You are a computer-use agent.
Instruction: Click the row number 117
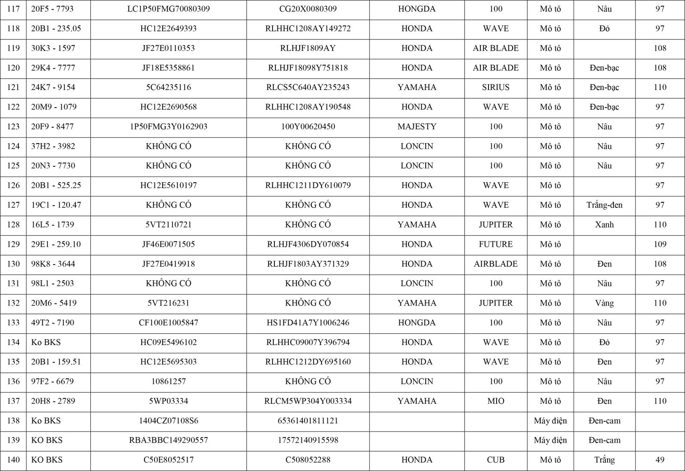pos(13,9)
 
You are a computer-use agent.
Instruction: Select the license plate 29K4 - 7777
pos(54,68)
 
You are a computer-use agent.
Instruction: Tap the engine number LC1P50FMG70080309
pos(168,9)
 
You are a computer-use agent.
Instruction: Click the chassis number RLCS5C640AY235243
pos(308,87)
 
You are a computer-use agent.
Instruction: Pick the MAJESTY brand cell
pos(417,126)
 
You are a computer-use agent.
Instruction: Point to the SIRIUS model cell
pos(495,87)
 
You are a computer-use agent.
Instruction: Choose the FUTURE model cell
pos(495,244)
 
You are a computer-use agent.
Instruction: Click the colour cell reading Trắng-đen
pos(604,205)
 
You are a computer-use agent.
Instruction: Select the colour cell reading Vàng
pos(604,303)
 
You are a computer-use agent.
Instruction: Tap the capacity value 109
pos(660,244)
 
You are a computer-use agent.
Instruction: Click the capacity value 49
pos(660,460)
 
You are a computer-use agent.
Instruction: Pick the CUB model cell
pos(495,460)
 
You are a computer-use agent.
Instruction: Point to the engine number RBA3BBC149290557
pos(168,440)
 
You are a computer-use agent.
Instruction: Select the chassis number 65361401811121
pos(308,421)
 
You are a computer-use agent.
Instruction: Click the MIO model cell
pos(495,401)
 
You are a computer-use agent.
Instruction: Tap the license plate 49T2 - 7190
pos(54,323)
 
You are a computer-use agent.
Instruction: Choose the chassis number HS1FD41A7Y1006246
pos(308,323)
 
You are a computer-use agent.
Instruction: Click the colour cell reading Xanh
pos(604,225)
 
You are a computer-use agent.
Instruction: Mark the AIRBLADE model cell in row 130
pos(495,264)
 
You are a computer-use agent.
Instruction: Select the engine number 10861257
pos(168,381)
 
